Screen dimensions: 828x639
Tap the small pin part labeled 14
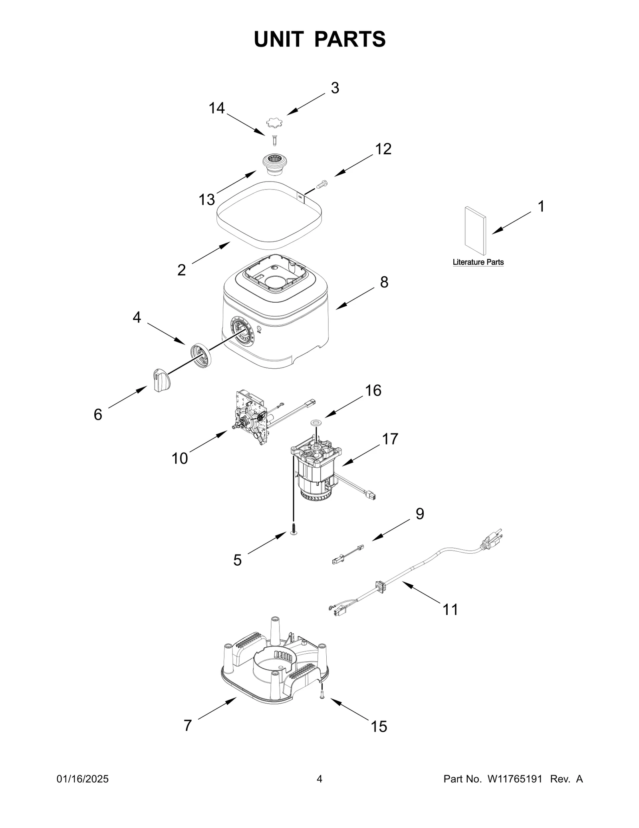pyautogui.click(x=274, y=141)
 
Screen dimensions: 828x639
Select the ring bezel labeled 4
pyautogui.click(x=200, y=353)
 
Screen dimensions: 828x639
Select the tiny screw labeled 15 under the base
pyautogui.click(x=322, y=696)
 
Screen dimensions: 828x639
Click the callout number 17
pyautogui.click(x=390, y=439)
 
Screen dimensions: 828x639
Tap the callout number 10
pyautogui.click(x=179, y=459)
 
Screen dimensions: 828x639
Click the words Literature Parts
pyautogui.click(x=478, y=262)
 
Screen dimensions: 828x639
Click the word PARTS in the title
pyautogui.click(x=350, y=39)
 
